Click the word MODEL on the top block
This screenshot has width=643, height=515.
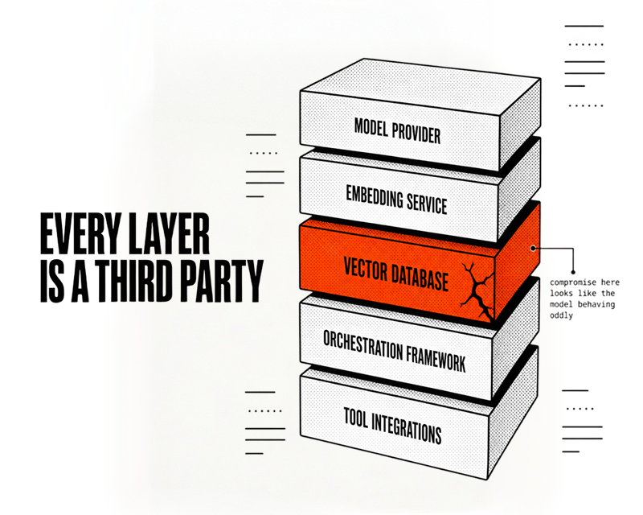[x=371, y=128]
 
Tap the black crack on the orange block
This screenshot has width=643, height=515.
[x=477, y=291]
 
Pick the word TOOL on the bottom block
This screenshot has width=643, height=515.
[x=355, y=418]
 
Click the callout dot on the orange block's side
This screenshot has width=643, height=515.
[x=533, y=249]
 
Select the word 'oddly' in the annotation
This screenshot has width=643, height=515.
[x=561, y=315]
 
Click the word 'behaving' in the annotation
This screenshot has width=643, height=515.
[x=596, y=304]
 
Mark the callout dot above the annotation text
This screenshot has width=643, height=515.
[x=573, y=272]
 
